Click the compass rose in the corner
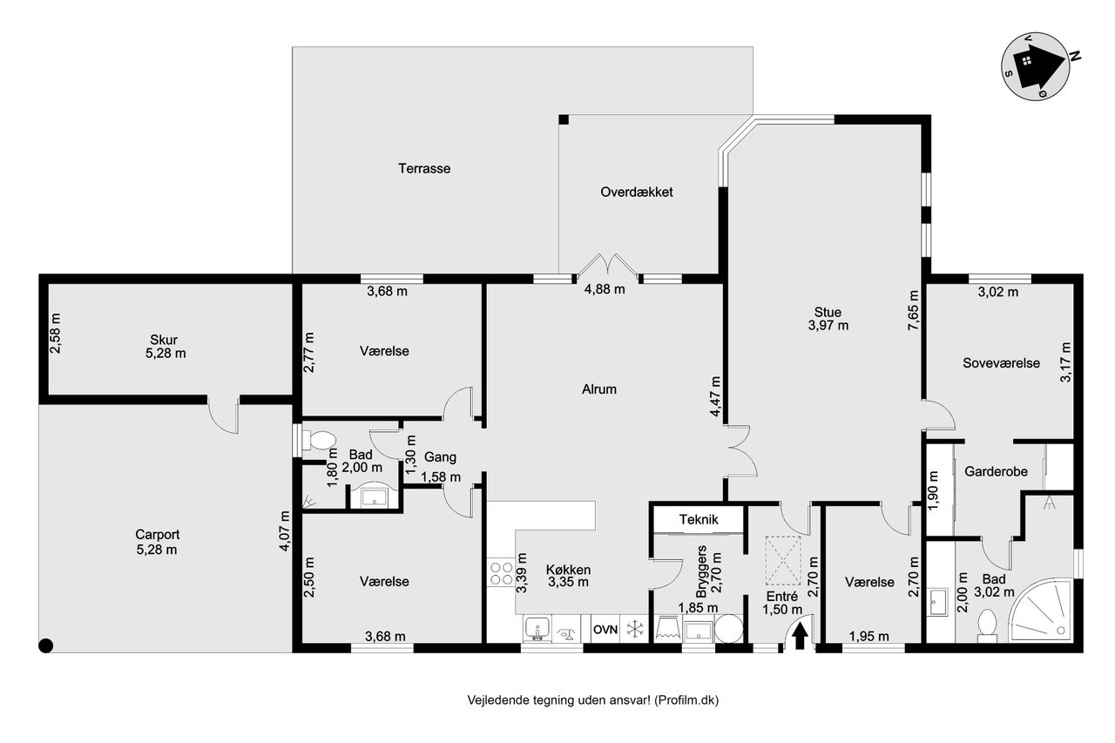pyautogui.click(x=1037, y=66)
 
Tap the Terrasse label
pyautogui.click(x=424, y=168)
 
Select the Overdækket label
pyautogui.click(x=636, y=193)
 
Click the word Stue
pyautogui.click(x=828, y=312)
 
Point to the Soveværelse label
pyautogui.click(x=1001, y=363)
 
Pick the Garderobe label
pyautogui.click(x=996, y=471)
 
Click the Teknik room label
pyautogui.click(x=699, y=519)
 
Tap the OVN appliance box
pyautogui.click(x=605, y=630)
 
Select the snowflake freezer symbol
pyautogui.click(x=635, y=630)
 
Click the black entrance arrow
pyautogui.click(x=800, y=637)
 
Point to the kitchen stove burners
pyautogui.click(x=501, y=573)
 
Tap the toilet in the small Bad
pyautogui.click(x=319, y=441)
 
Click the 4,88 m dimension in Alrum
pyautogui.click(x=605, y=289)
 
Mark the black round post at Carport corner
pyautogui.click(x=46, y=646)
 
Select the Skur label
pyautogui.click(x=164, y=340)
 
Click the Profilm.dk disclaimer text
pyautogui.click(x=593, y=700)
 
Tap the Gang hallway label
pyautogui.click(x=440, y=456)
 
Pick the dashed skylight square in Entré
pyautogui.click(x=783, y=560)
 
